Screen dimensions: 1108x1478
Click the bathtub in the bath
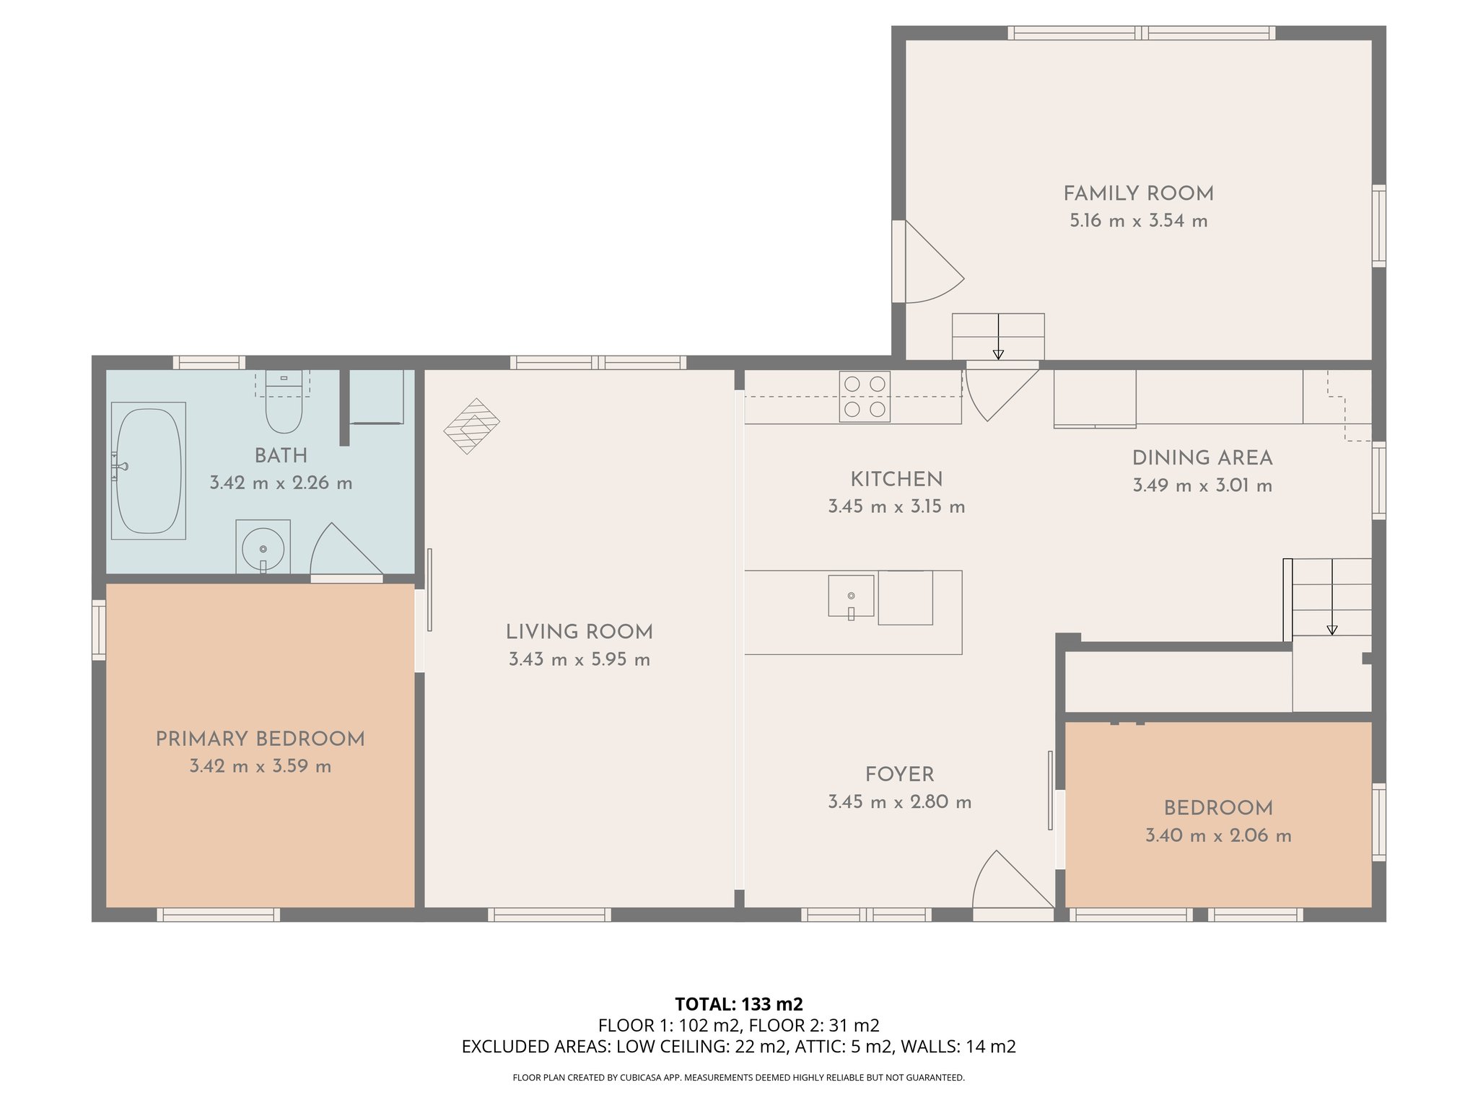tap(148, 470)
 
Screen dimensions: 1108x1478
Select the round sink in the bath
tap(263, 549)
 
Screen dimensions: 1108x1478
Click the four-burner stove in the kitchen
tap(865, 397)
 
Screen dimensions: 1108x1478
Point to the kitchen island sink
tap(851, 597)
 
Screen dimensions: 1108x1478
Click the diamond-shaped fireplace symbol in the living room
tap(471, 426)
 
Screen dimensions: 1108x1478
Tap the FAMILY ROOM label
tap(1138, 193)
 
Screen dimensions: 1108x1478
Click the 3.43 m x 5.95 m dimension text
tap(579, 659)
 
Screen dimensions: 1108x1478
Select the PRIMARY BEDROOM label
tap(260, 739)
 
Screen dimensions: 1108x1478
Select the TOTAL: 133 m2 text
tap(738, 1004)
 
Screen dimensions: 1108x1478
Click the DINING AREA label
tap(1202, 458)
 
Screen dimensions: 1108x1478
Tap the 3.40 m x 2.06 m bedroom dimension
tap(1218, 835)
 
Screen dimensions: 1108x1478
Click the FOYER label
tap(899, 774)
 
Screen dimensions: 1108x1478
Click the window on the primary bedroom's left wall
tap(99, 630)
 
